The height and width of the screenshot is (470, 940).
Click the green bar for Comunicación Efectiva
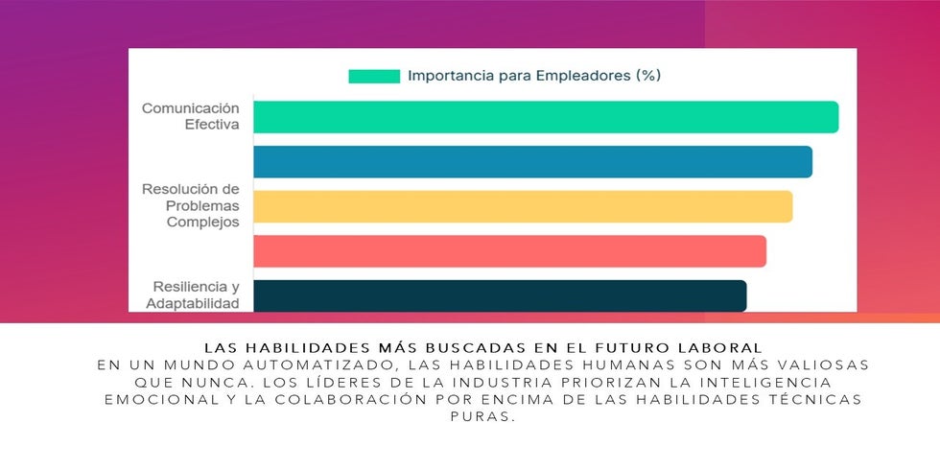(545, 117)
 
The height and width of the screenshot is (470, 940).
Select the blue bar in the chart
(532, 162)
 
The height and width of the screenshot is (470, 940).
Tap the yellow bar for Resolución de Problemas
(523, 206)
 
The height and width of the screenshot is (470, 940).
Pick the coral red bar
(509, 251)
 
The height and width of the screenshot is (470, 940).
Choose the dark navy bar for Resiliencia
(500, 295)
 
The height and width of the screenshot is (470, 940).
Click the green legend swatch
(373, 76)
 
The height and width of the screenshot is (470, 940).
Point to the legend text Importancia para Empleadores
(534, 75)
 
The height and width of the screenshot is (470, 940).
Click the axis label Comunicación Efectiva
(191, 117)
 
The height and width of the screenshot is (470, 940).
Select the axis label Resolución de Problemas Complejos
(191, 205)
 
